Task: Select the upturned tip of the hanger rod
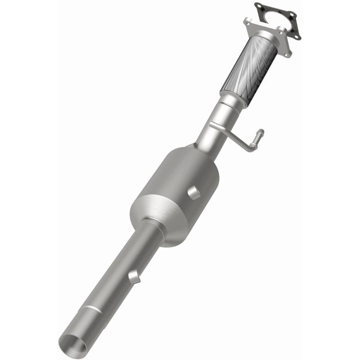point(260,133)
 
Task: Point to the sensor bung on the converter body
point(194,193)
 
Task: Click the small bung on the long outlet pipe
point(134,277)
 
